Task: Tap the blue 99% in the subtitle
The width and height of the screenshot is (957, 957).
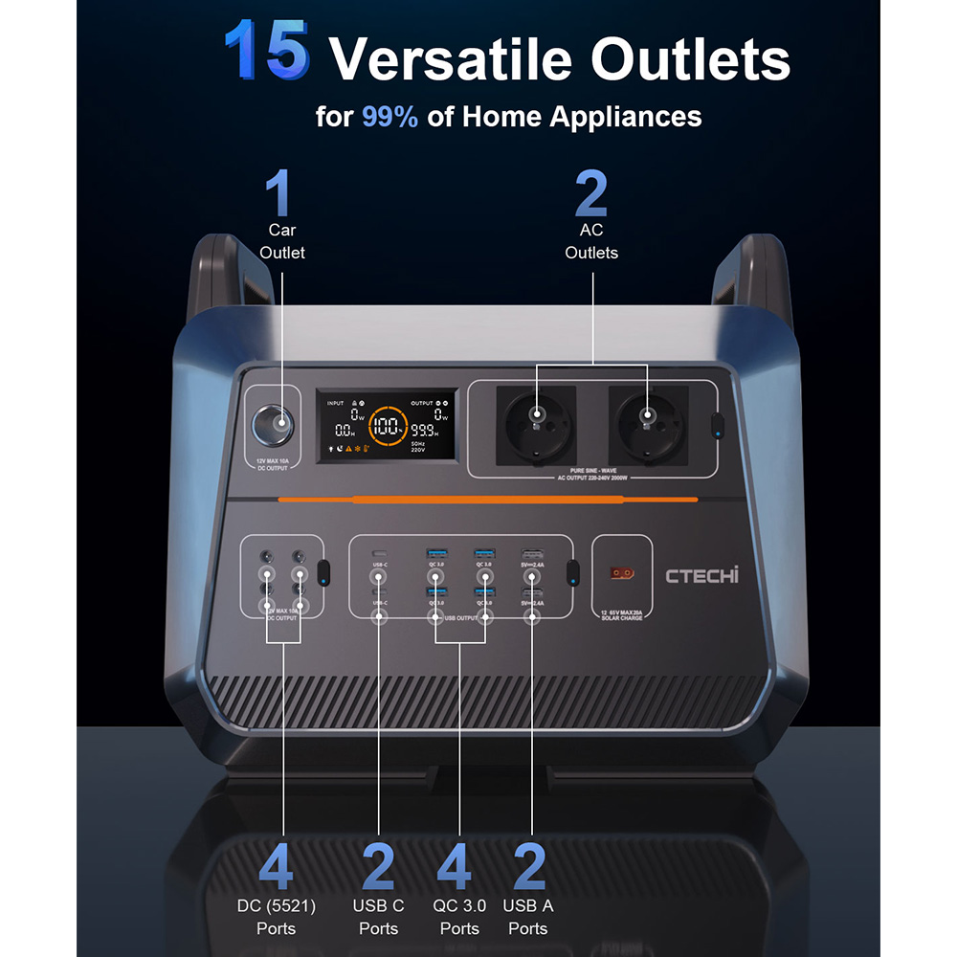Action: tap(389, 117)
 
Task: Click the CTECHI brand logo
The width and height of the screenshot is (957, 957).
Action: tap(702, 575)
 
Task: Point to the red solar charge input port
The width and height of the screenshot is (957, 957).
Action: tap(622, 574)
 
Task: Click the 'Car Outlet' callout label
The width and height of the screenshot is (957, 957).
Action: tap(282, 241)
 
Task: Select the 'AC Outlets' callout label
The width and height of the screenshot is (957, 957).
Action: tap(591, 241)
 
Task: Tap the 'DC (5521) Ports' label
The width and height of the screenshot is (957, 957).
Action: tap(276, 917)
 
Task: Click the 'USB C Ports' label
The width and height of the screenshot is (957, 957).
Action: tap(378, 917)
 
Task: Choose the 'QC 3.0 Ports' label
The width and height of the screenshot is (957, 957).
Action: tap(459, 917)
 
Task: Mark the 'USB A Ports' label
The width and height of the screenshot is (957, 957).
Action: tap(528, 917)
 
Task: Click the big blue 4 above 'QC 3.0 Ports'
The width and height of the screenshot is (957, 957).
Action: tap(455, 866)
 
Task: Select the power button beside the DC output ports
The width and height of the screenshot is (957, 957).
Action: tap(323, 573)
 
